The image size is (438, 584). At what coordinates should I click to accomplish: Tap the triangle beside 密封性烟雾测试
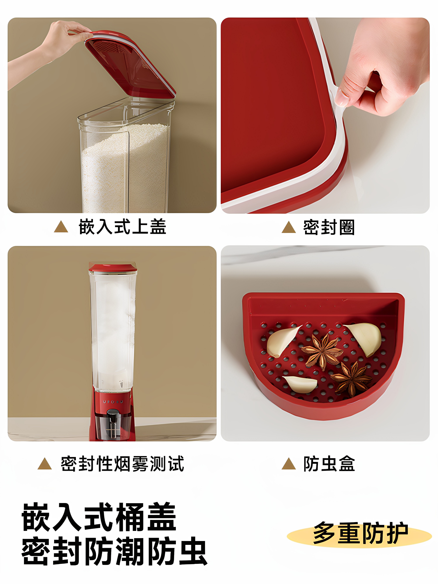click(x=45, y=464)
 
